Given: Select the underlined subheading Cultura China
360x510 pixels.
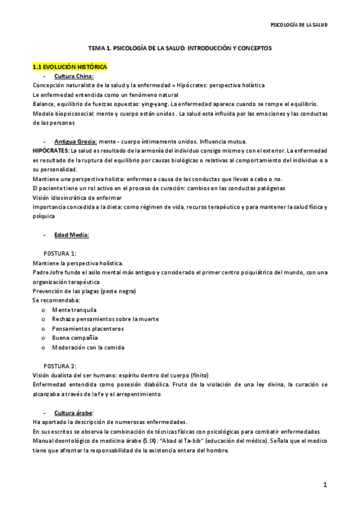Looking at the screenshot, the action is coord(74,76).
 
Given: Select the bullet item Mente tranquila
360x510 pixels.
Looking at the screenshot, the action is coord(75,310).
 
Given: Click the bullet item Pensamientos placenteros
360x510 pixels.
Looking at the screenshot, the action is coord(83,328).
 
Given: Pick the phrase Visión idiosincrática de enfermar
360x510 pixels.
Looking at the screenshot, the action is coord(77,197).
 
